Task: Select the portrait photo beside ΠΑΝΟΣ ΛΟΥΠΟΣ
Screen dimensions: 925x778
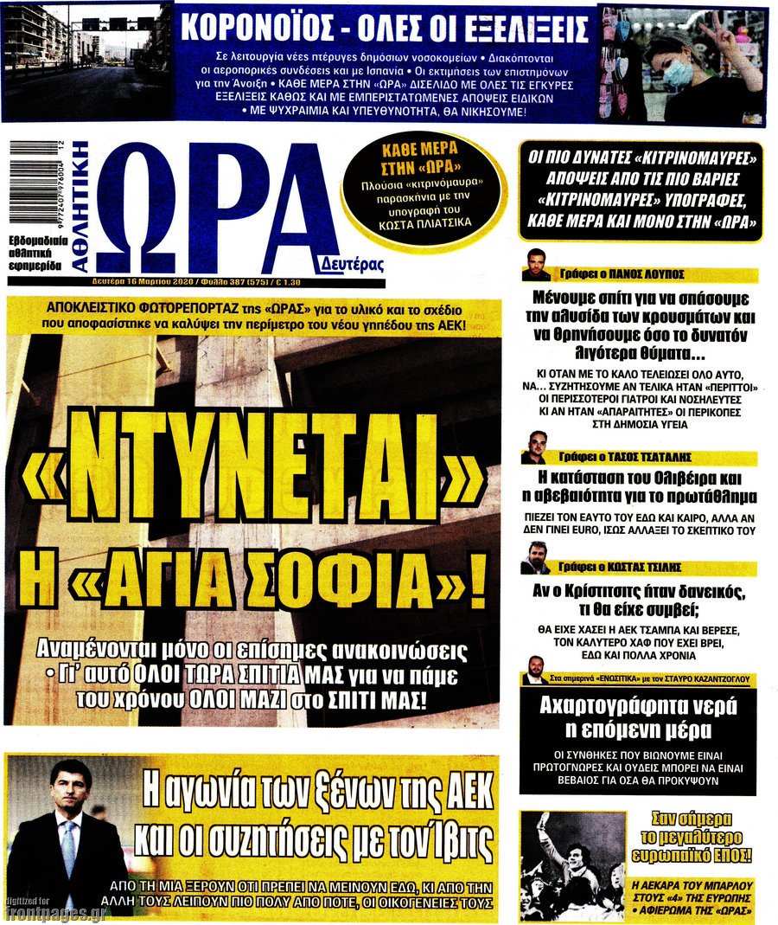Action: (x=536, y=264)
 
